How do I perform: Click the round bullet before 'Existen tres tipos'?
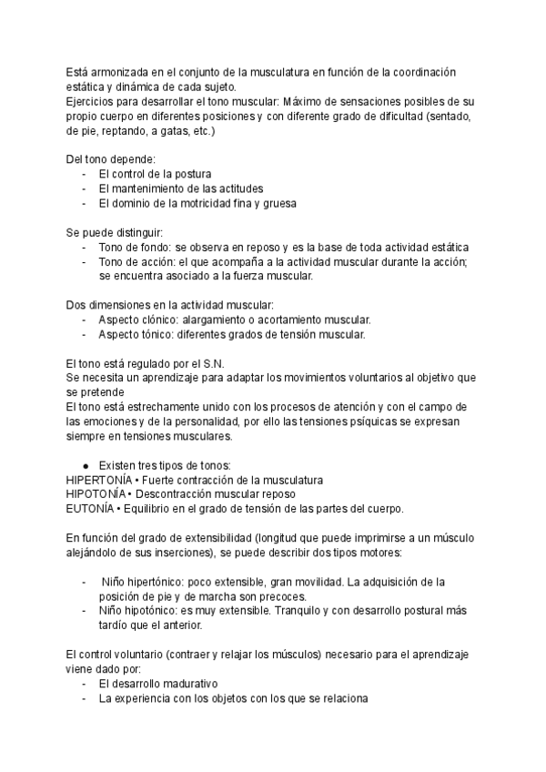click(86, 465)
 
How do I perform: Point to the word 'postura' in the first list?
click(190, 174)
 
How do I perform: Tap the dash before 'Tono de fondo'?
click(85, 248)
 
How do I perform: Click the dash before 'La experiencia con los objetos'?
click(85, 698)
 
